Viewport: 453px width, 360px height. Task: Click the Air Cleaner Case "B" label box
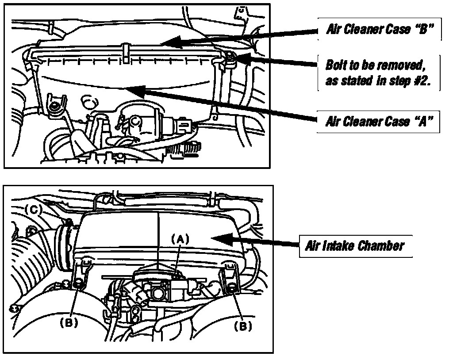tap(379, 29)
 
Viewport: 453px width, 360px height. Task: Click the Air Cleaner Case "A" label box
tap(378, 122)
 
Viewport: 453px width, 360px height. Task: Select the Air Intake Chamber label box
tap(356, 246)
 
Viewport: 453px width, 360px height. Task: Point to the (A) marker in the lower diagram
tap(180, 239)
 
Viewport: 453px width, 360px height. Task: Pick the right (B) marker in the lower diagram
tap(243, 326)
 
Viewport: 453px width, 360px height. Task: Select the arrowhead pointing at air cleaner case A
tap(135, 90)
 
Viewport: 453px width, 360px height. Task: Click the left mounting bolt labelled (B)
tap(78, 284)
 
